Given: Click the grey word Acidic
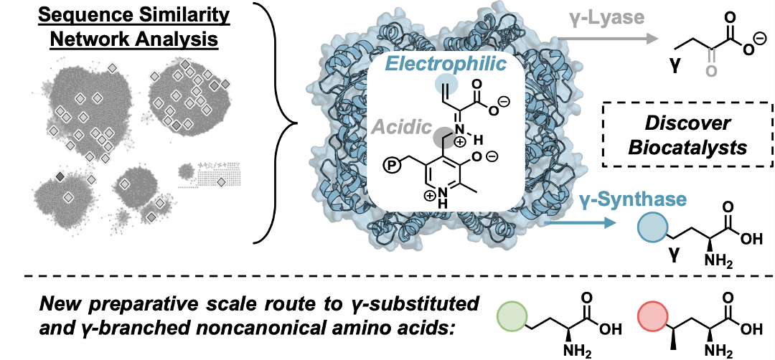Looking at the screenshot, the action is pyautogui.click(x=401, y=128).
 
